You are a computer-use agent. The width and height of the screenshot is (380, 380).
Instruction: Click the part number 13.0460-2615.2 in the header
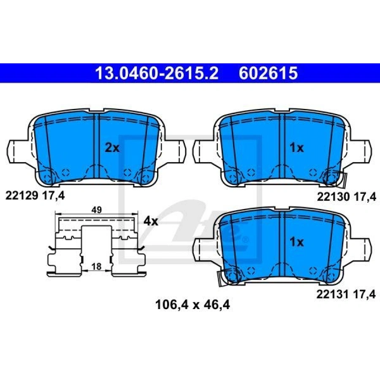(157, 73)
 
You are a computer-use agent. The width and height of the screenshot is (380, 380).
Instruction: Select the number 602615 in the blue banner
(268, 73)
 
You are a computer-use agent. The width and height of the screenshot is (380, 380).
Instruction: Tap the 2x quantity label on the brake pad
(112, 148)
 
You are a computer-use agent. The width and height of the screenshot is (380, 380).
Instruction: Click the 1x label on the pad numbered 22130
(297, 148)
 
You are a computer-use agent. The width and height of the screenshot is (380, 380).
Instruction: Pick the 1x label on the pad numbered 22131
(297, 242)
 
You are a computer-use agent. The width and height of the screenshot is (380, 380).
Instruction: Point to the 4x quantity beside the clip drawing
(151, 221)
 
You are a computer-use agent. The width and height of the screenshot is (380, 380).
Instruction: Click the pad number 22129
(22, 195)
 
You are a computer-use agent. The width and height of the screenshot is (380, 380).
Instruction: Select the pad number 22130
(333, 197)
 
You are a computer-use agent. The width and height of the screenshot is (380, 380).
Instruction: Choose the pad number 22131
(333, 294)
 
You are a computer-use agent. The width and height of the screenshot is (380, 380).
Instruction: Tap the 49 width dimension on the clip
(96, 210)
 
